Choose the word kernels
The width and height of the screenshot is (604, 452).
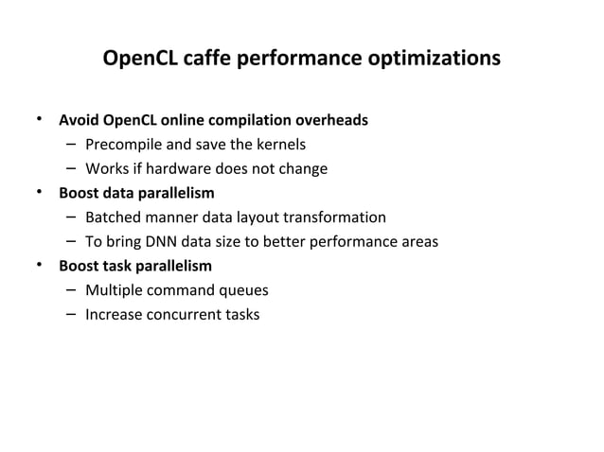pos(281,145)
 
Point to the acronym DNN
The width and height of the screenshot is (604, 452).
pos(168,242)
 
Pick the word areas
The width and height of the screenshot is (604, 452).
pos(417,242)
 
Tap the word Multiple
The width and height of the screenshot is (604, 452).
pos(114,290)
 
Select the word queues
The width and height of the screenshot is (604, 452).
pos(244,290)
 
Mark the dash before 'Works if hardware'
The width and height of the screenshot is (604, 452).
pos(72,169)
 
